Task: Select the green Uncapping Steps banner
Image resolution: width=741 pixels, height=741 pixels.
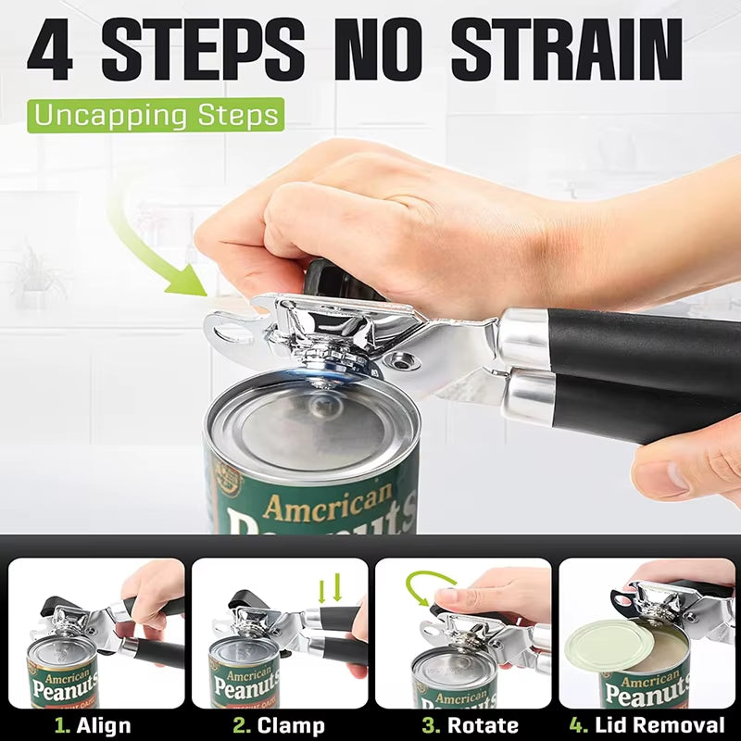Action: pyautogui.click(x=155, y=116)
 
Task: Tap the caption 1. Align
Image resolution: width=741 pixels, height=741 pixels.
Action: pyautogui.click(x=93, y=724)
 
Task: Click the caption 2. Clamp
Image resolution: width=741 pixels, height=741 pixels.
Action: pyautogui.click(x=278, y=724)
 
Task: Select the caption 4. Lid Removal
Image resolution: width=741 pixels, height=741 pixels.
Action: pyautogui.click(x=648, y=724)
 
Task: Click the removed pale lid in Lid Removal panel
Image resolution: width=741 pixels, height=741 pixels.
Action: pyautogui.click(x=608, y=644)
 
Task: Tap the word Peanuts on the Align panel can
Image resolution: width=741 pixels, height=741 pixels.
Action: pyautogui.click(x=63, y=687)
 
